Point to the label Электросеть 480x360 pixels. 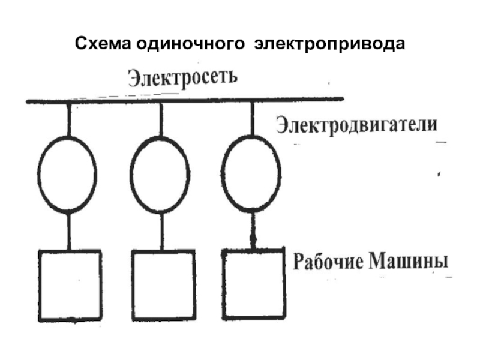pyautogui.click(x=183, y=78)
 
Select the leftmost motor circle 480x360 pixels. pyautogui.click(x=67, y=174)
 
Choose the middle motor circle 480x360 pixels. pyautogui.click(x=160, y=174)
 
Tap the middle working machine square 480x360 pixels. pyautogui.click(x=163, y=283)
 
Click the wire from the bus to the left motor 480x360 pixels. pyautogui.click(x=68, y=119)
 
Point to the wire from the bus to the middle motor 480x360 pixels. pyautogui.click(x=160, y=119)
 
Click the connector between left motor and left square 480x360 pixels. pyautogui.click(x=68, y=231)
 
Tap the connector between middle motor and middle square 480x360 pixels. pyautogui.click(x=161, y=231)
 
